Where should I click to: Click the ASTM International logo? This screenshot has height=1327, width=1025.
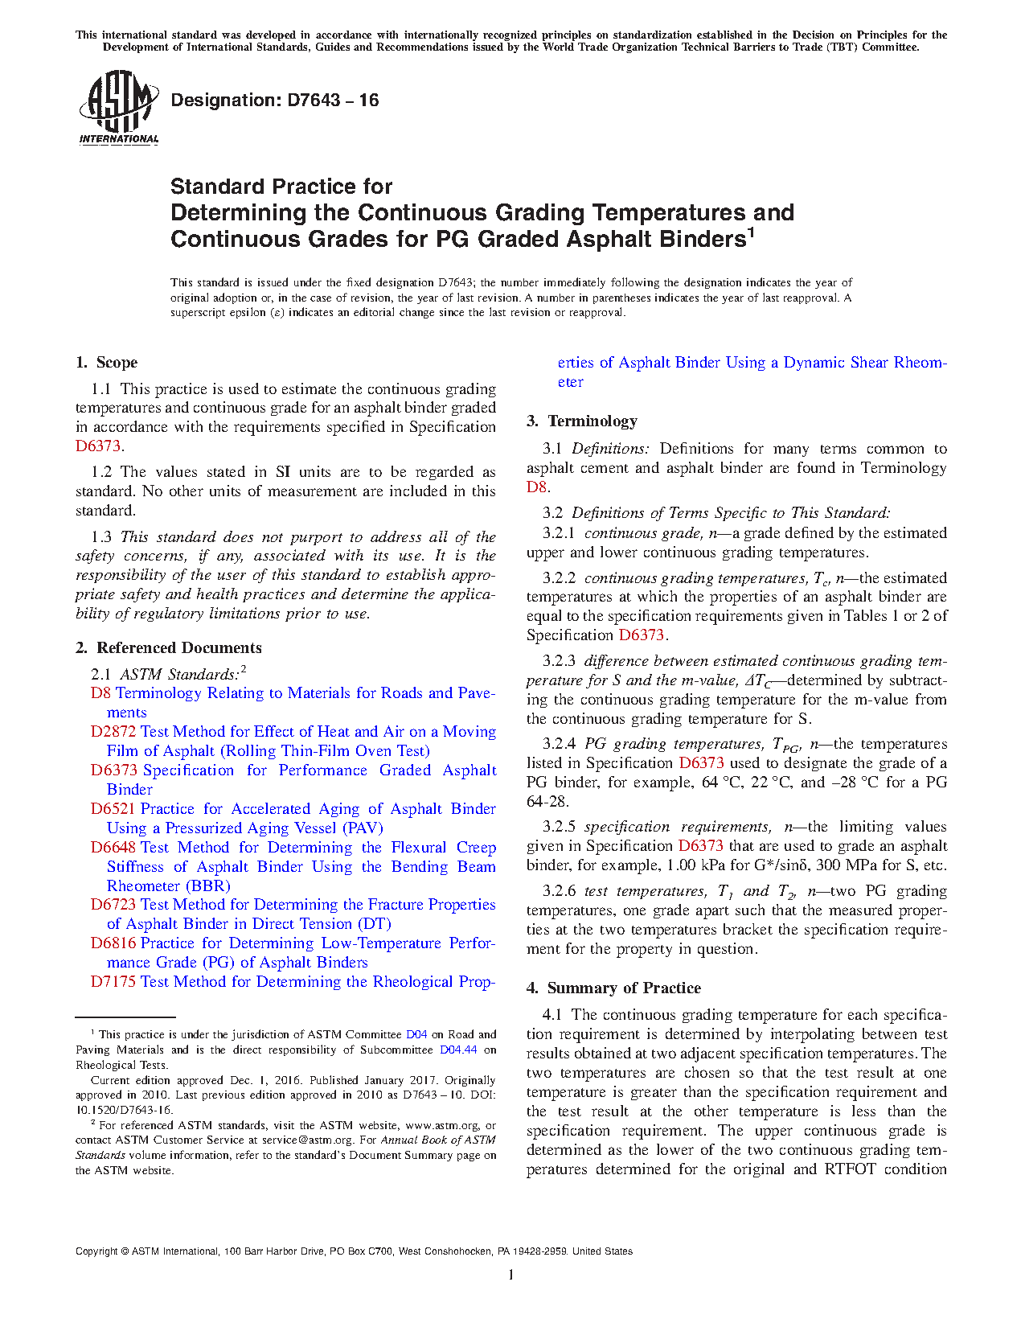click(x=118, y=107)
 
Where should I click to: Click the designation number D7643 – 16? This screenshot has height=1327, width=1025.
click(x=274, y=101)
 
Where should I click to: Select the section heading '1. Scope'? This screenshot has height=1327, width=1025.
click(x=107, y=363)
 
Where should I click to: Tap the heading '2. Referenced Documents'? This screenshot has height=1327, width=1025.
click(x=169, y=648)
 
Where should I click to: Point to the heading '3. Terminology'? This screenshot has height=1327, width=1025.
click(x=582, y=421)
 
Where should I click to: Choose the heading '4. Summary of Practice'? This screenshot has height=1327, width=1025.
click(x=613, y=988)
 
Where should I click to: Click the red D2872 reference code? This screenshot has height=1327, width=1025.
click(x=113, y=732)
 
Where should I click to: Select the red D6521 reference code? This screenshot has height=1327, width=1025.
click(x=113, y=809)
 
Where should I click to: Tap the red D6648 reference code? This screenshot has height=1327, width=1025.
click(x=113, y=848)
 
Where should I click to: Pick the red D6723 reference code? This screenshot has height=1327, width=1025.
click(x=113, y=905)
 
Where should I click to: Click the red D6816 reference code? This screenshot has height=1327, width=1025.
click(x=113, y=943)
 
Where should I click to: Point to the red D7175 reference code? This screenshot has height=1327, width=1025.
click(x=113, y=982)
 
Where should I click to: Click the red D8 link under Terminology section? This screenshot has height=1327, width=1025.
click(x=536, y=487)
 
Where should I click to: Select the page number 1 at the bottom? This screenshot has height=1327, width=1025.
click(x=511, y=1275)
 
